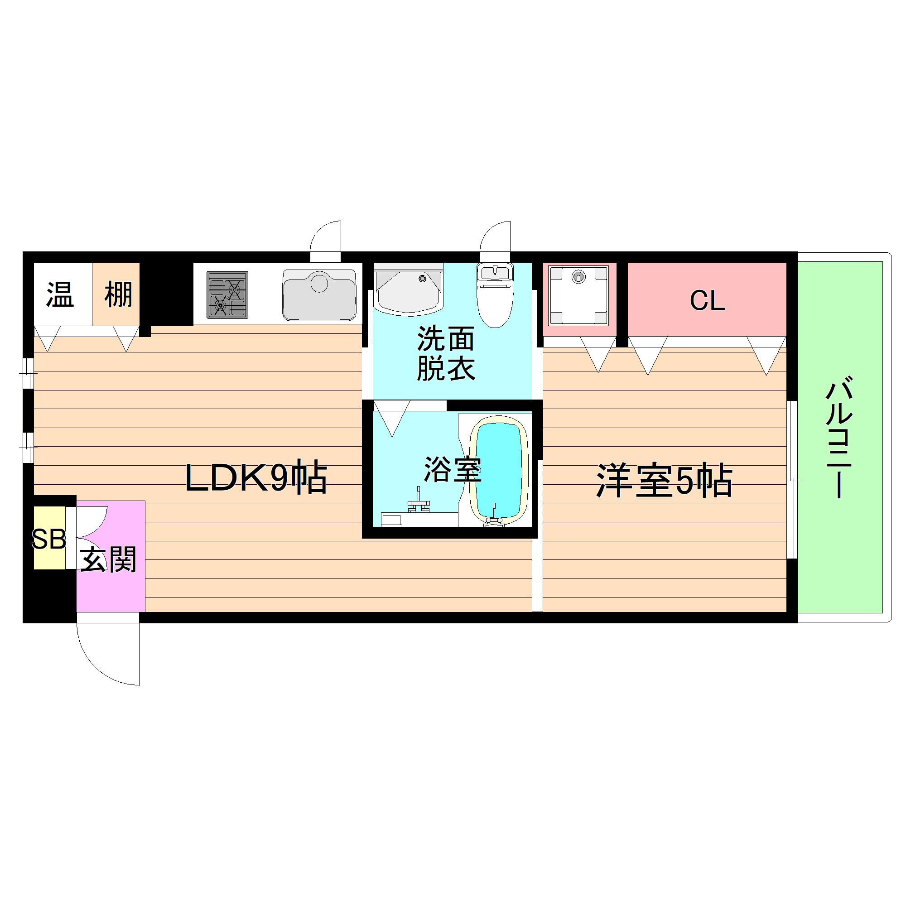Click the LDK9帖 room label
point(255,479)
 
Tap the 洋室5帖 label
point(664,481)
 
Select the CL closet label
point(707,301)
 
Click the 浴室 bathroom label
point(453,469)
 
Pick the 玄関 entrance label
point(108,559)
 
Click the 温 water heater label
point(60,294)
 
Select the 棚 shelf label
point(118,294)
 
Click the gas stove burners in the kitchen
point(227,295)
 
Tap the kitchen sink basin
point(319,294)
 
